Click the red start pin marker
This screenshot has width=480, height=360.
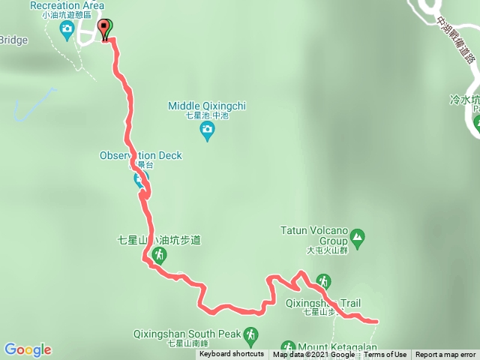coord(105,28)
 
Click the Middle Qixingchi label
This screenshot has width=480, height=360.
coord(207,106)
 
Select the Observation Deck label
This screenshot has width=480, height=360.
coord(140,155)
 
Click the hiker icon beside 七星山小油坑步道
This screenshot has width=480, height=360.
coord(159,255)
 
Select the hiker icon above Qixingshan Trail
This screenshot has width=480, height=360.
coord(323,280)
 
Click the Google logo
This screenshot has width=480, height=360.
coord(27,349)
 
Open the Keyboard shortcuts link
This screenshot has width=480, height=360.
coord(231,355)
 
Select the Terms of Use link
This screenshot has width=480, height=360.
coord(386,355)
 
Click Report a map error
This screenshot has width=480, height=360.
coord(445,355)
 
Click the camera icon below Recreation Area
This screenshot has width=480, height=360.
coord(67,31)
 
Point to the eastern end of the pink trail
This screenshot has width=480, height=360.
coord(375,321)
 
